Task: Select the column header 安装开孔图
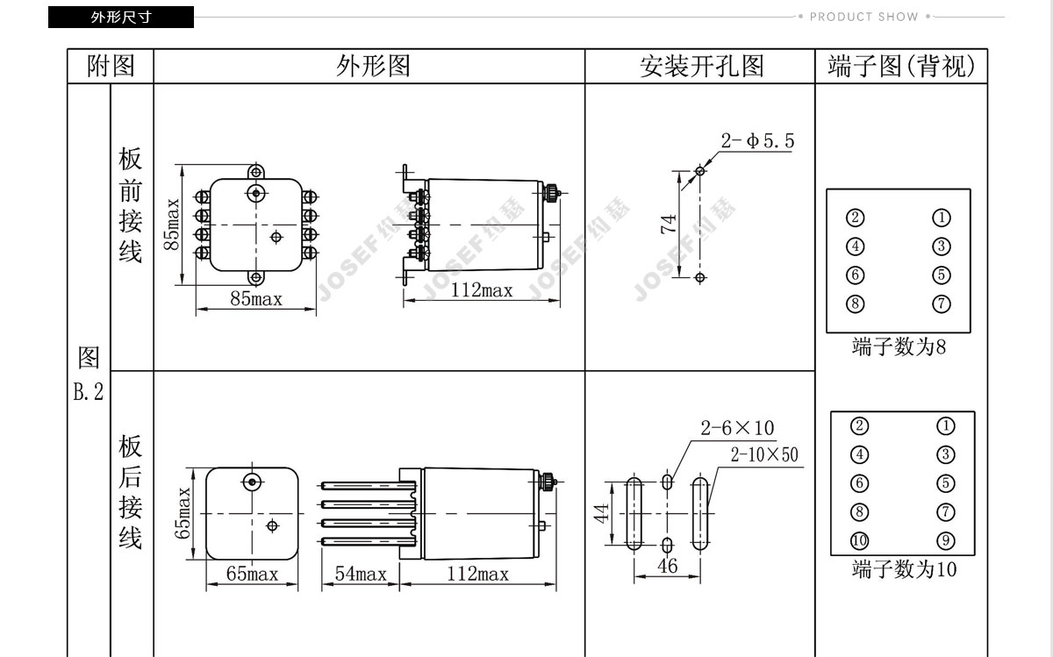click(701, 67)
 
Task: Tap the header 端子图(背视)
click(901, 67)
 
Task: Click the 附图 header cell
click(111, 67)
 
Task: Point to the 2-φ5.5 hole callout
click(758, 141)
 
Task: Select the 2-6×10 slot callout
click(737, 428)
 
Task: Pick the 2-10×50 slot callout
click(765, 454)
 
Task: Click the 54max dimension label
click(361, 575)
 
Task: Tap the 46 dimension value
click(668, 566)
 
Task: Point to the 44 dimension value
click(602, 513)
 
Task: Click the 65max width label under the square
click(252, 575)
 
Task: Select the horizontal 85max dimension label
click(256, 299)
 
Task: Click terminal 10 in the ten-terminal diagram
click(859, 540)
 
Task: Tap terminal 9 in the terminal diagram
click(945, 540)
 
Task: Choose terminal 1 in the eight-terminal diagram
click(942, 218)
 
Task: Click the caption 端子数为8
click(899, 347)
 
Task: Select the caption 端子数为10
click(903, 570)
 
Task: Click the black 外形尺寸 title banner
click(121, 17)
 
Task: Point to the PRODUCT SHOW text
click(863, 17)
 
